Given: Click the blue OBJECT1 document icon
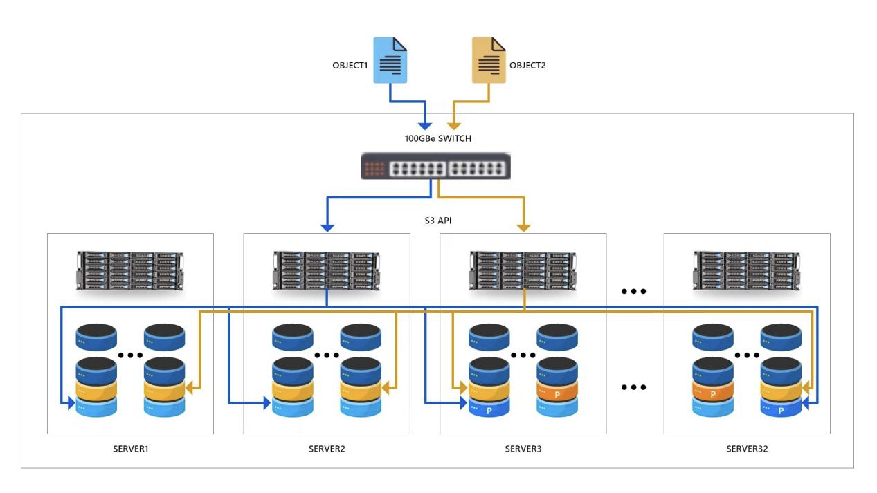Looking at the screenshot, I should tap(390, 60).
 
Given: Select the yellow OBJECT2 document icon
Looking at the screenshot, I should tap(489, 60).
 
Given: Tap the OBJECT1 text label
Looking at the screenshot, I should tap(350, 66).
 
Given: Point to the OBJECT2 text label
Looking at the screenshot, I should tap(527, 66).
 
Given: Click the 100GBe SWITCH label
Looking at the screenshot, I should tap(438, 138).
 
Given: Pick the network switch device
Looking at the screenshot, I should tap(435, 167).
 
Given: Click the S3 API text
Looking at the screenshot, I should tap(438, 221).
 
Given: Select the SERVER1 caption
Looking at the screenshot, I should tap(131, 449).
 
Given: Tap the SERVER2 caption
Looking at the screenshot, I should tap(327, 449).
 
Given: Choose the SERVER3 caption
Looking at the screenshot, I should tap(523, 449).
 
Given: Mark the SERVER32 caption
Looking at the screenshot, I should tap(747, 449).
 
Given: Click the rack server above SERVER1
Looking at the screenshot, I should tap(130, 270).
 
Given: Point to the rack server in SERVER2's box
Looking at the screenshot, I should tap(327, 270).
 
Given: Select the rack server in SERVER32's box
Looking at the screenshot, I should tap(747, 270).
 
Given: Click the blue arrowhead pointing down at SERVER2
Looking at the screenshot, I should tap(327, 227).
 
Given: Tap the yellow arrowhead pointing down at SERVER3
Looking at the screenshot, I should tap(524, 227).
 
